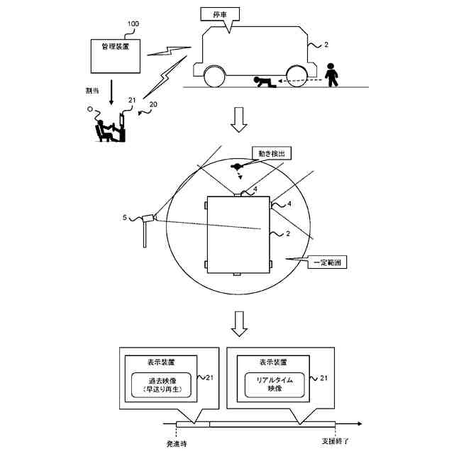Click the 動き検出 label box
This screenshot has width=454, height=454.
coord(273,153)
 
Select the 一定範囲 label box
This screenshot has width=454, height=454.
coord(328,262)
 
